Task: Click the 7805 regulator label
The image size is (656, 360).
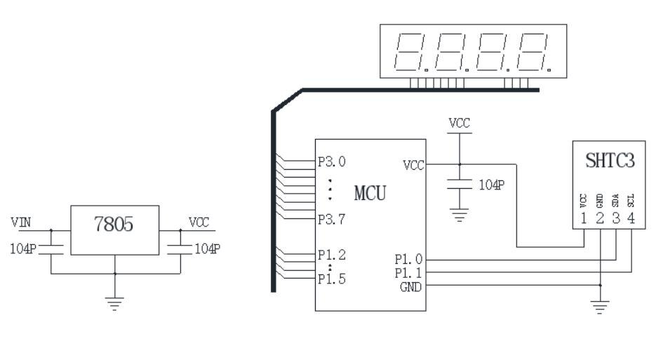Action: click(x=115, y=226)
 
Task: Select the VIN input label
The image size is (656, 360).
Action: click(x=20, y=222)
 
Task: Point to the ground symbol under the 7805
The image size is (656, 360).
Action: click(x=116, y=301)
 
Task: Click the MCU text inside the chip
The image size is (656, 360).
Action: click(x=369, y=193)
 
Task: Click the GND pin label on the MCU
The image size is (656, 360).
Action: click(x=410, y=286)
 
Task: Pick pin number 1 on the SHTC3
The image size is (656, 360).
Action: click(x=584, y=218)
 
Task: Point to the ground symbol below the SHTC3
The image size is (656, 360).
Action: click(x=601, y=306)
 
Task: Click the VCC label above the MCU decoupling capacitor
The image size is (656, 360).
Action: click(x=460, y=123)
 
